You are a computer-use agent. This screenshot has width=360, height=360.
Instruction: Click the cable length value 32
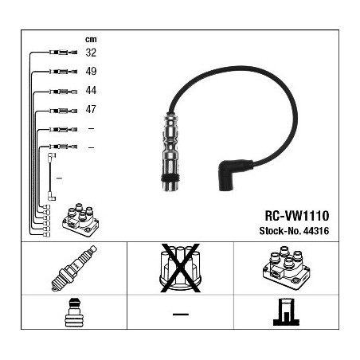click(x=91, y=53)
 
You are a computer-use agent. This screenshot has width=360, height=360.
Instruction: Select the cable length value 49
click(x=91, y=71)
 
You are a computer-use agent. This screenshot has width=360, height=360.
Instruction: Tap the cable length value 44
click(x=91, y=90)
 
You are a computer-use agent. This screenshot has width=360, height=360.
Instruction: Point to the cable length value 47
click(x=91, y=109)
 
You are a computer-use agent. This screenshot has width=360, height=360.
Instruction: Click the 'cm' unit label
click(x=91, y=39)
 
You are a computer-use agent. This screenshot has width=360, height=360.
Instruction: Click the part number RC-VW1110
click(x=297, y=216)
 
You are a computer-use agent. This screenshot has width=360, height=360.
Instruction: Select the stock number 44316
click(x=316, y=231)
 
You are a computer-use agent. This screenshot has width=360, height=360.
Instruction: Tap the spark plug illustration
click(x=74, y=268)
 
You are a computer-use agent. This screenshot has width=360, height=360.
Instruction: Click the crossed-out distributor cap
click(x=180, y=268)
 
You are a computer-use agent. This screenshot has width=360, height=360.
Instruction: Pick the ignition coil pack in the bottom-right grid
click(x=286, y=268)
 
